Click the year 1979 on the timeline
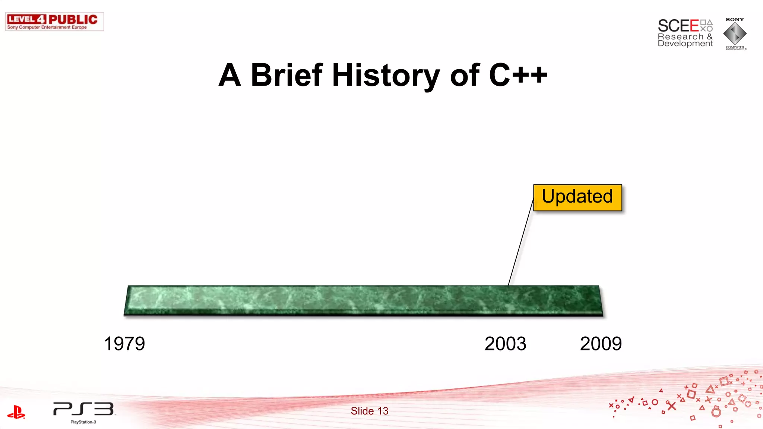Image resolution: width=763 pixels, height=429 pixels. [124, 344]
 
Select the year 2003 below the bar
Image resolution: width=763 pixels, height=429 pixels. [505, 344]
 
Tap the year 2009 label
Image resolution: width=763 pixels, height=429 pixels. [601, 344]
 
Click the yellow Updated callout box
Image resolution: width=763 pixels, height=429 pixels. [577, 197]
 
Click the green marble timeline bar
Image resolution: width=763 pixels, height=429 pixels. [363, 300]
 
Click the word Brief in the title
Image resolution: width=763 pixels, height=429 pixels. [286, 75]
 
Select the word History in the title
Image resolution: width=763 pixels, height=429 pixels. [386, 76]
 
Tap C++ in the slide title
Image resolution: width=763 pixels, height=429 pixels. [518, 75]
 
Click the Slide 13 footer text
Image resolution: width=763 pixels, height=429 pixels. [369, 411]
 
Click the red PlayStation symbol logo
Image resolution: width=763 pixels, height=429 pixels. [16, 412]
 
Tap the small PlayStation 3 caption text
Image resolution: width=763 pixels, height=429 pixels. [83, 422]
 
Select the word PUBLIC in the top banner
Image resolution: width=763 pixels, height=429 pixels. [73, 19]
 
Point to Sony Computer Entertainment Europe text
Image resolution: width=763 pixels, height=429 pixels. [47, 27]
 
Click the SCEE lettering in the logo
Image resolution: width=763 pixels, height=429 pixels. [678, 26]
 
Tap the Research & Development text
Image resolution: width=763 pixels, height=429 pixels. [685, 40]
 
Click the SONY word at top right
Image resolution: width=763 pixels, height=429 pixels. [734, 19]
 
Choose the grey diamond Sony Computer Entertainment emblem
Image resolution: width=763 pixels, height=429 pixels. [735, 34]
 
